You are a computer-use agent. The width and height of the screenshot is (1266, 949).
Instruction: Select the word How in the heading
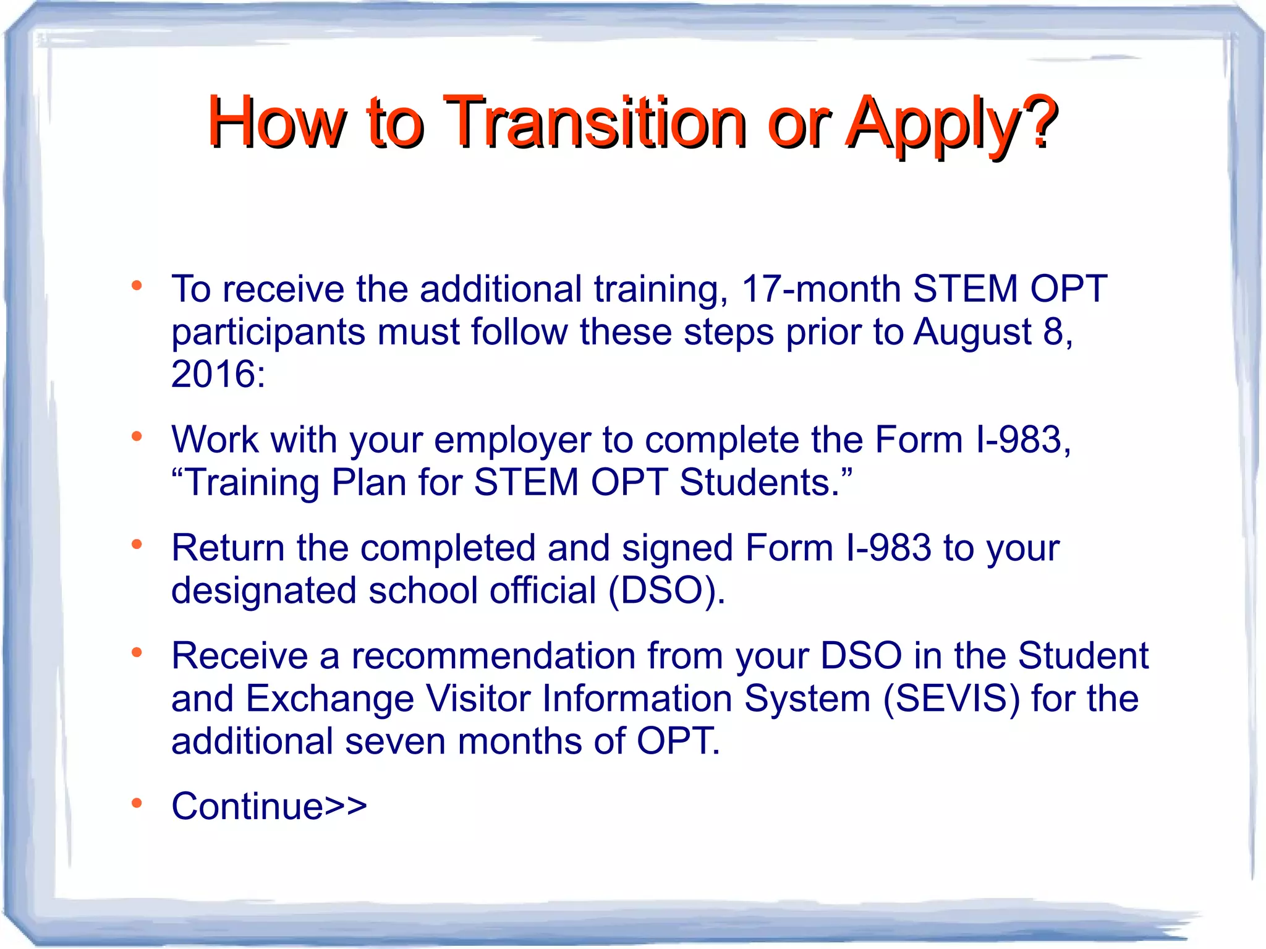[276, 122]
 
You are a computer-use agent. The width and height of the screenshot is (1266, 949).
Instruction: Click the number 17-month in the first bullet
[821, 289]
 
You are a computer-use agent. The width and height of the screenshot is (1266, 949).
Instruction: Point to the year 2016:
[218, 375]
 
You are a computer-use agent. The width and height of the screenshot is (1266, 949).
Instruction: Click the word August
[972, 332]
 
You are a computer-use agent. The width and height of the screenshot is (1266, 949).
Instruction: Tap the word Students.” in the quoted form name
[766, 483]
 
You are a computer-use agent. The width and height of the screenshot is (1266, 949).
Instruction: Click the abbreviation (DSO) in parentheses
[666, 590]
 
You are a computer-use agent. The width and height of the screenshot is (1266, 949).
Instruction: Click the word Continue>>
[269, 807]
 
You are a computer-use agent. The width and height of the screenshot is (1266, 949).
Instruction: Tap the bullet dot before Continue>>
[137, 802]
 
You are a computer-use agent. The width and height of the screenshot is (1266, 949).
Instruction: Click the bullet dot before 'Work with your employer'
[137, 436]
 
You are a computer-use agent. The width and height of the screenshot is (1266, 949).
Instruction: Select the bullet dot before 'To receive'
[137, 286]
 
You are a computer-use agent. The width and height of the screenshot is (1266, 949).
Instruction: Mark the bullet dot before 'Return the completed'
[137, 544]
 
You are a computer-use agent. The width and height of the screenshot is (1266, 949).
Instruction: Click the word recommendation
[493, 656]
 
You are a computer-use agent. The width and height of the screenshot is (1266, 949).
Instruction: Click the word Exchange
[329, 699]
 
